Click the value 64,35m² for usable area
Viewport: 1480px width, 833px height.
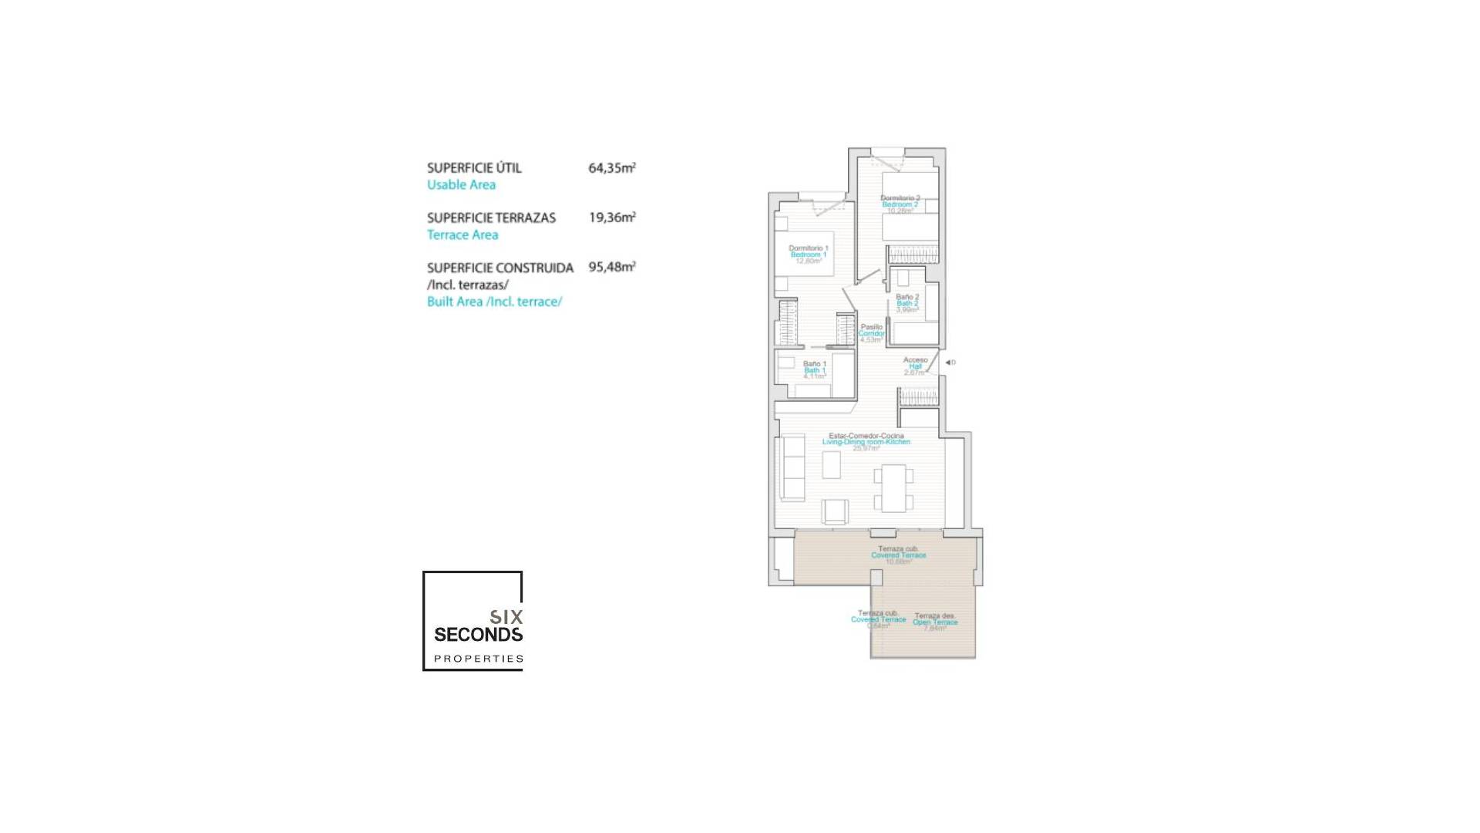pos(611,167)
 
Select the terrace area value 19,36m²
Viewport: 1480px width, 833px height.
pos(611,218)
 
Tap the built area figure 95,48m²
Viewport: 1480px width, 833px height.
pos(611,267)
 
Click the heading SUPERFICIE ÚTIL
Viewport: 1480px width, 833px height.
pos(474,167)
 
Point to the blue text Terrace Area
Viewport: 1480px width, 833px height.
pos(462,234)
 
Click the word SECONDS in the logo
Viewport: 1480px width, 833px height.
pos(478,635)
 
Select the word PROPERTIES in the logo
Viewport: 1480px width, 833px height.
pos(479,659)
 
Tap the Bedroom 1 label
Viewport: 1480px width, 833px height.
pos(808,255)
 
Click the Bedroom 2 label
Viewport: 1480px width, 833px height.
pos(900,204)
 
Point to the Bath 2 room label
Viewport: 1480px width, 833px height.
pos(906,303)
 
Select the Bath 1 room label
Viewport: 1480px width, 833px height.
pos(814,370)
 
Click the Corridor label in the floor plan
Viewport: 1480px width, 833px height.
pos(871,333)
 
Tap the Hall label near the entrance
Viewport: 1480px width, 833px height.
pos(915,366)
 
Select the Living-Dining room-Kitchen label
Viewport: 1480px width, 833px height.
pos(866,442)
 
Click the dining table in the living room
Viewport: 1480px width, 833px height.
pos(894,487)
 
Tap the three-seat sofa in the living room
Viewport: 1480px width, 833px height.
pos(792,468)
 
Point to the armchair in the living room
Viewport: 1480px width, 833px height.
pos(835,512)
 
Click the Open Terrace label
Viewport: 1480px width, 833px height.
pos(935,622)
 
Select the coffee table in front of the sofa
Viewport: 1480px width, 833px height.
pos(831,464)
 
